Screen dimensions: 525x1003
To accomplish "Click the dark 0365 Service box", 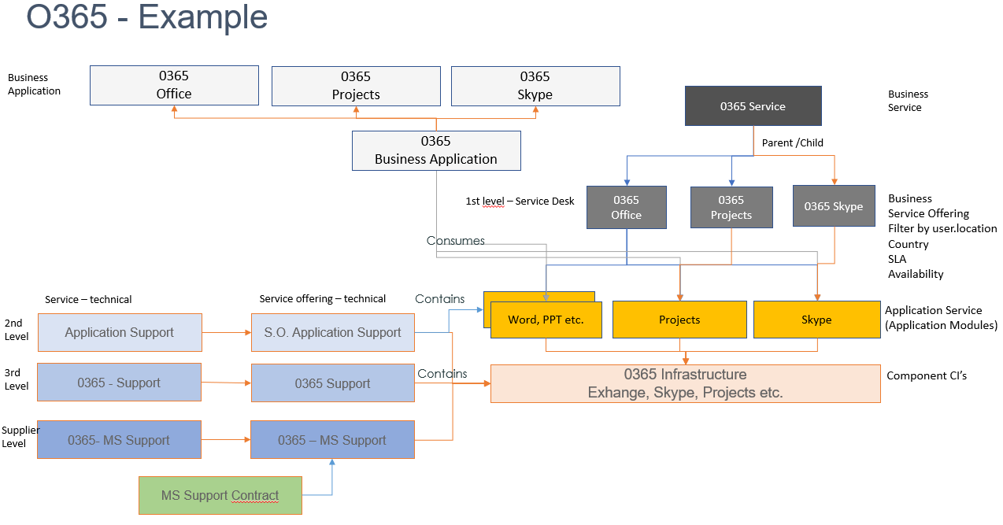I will click(x=753, y=106).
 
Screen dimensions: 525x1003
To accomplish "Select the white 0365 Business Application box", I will click(x=436, y=150).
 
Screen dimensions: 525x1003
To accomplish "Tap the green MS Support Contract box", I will click(x=220, y=495).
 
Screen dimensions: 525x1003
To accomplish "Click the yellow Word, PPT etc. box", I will click(x=546, y=320).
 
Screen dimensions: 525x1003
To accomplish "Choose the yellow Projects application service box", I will click(x=679, y=320).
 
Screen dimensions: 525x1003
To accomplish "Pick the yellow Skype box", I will click(x=816, y=320).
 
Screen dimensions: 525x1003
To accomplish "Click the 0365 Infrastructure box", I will click(x=685, y=383).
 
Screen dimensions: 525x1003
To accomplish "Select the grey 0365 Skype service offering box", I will click(x=833, y=206).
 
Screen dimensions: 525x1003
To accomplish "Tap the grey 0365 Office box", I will click(x=627, y=208).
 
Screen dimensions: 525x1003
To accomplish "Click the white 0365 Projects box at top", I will click(x=356, y=86).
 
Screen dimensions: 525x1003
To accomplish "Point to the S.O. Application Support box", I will click(x=332, y=332).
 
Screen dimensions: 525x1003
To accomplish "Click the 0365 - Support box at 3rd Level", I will click(x=119, y=383).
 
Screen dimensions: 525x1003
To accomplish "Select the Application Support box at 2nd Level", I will click(x=120, y=332).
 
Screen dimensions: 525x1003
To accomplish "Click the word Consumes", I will click(x=455, y=240).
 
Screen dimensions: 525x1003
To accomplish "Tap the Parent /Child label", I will click(x=793, y=143).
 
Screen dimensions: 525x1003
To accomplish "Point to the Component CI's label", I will click(x=927, y=375).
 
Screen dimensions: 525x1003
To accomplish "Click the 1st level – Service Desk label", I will click(x=520, y=201).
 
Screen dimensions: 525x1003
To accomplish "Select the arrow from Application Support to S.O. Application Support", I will click(x=227, y=332).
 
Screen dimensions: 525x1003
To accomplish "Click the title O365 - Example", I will click(x=146, y=17).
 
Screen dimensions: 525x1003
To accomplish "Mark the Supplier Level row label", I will click(x=20, y=437).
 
